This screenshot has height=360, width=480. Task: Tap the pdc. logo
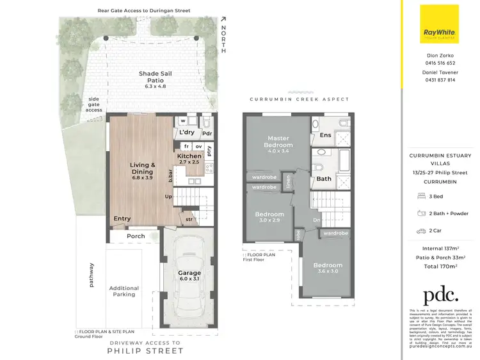tap(440, 295)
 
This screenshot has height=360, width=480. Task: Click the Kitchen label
tap(189, 156)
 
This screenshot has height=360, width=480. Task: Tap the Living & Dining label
tap(142, 168)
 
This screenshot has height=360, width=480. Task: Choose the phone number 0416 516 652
tap(441, 63)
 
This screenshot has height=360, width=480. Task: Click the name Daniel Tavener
tap(441, 73)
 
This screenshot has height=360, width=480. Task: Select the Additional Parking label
tap(124, 291)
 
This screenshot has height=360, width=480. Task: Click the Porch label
tap(136, 236)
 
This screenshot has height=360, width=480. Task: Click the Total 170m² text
tap(440, 266)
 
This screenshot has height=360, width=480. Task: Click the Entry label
tap(122, 219)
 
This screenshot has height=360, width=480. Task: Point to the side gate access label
tap(93, 105)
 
